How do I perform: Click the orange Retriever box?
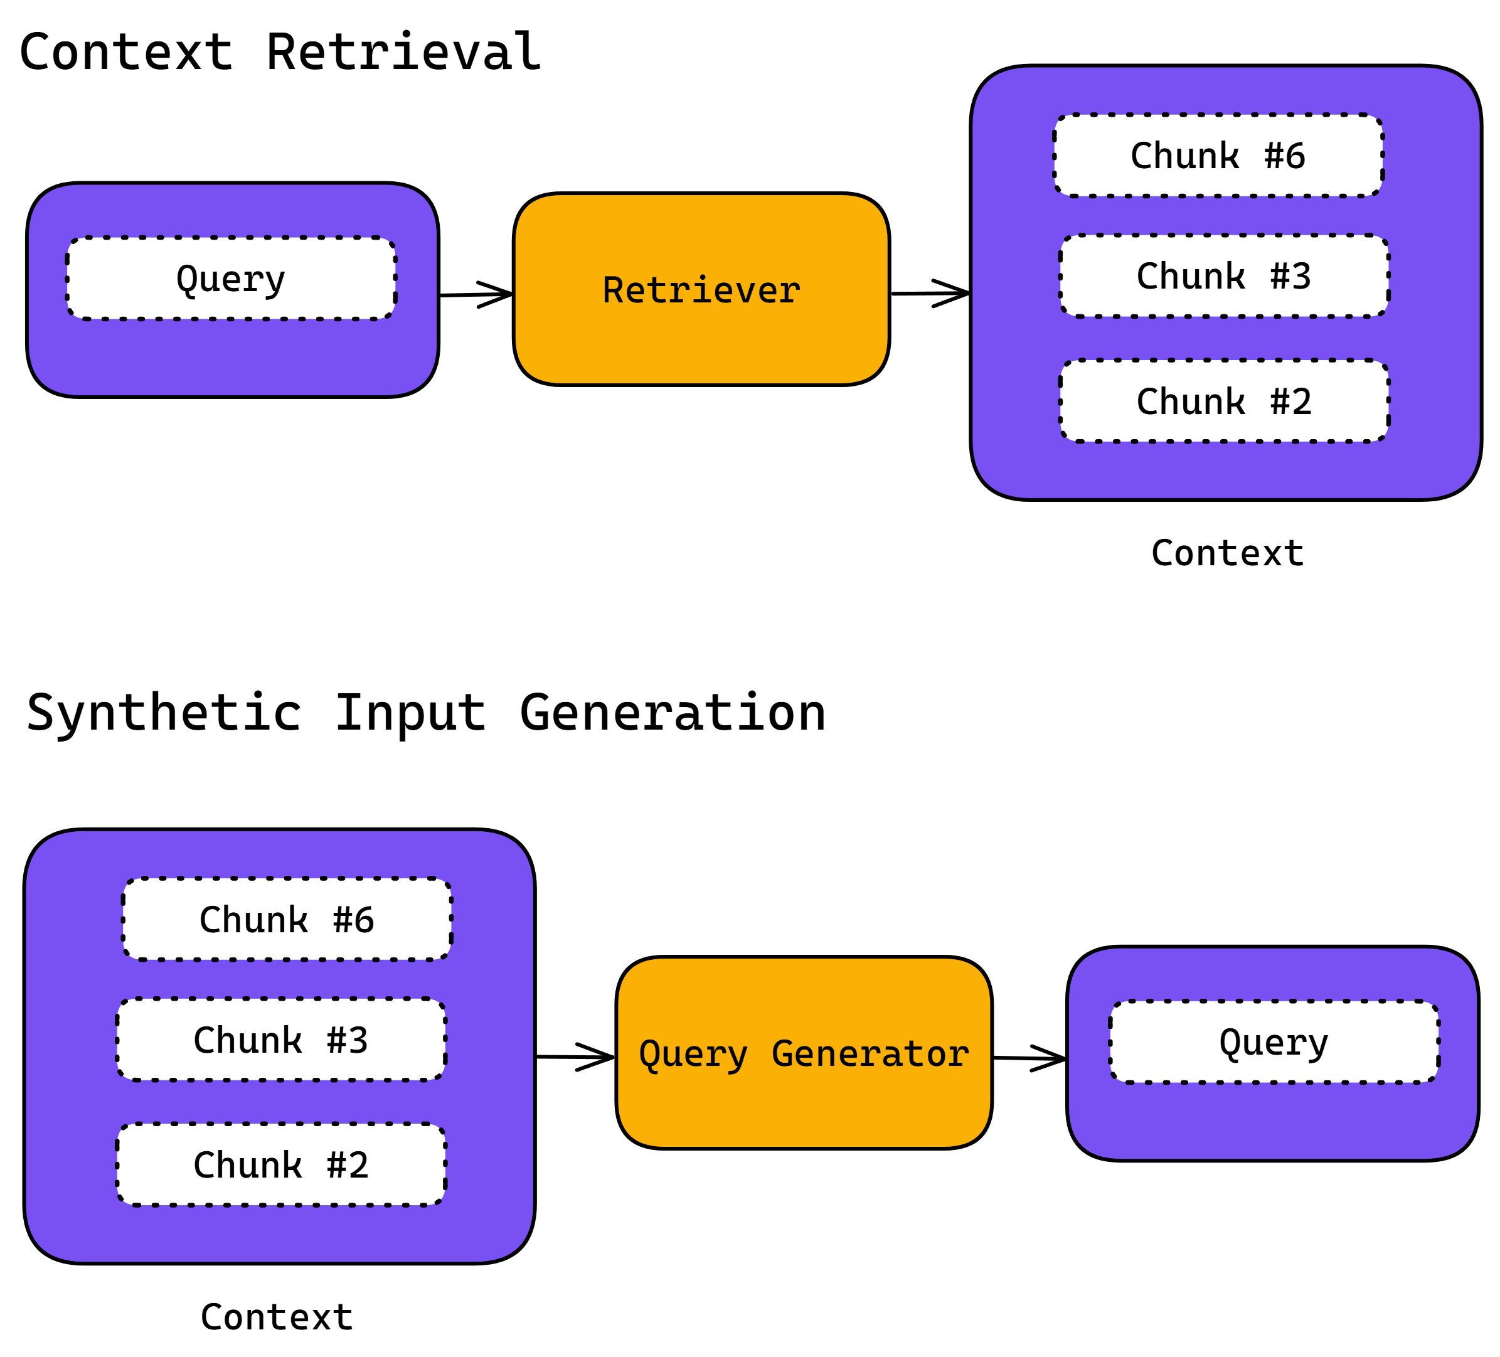[701, 289]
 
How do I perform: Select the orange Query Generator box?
[804, 1053]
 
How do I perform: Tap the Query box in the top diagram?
[231, 279]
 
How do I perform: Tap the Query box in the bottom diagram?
[1274, 1042]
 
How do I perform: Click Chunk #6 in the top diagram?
[1218, 156]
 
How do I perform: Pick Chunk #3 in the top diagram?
[1224, 276]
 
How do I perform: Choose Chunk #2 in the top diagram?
[1224, 401]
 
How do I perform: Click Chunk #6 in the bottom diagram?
[287, 920]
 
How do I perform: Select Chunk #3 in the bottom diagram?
[280, 1040]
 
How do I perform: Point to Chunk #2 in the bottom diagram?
[280, 1165]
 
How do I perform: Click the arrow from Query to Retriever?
[476, 295]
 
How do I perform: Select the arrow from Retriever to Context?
[930, 293]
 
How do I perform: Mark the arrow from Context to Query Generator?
[575, 1056]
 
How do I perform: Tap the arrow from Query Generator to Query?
[1029, 1058]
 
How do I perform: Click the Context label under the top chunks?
[1227, 553]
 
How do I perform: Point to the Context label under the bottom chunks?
[276, 1317]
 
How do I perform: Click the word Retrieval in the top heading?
[403, 52]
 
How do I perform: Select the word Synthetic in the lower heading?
[164, 713]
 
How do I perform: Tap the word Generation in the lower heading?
[673, 713]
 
